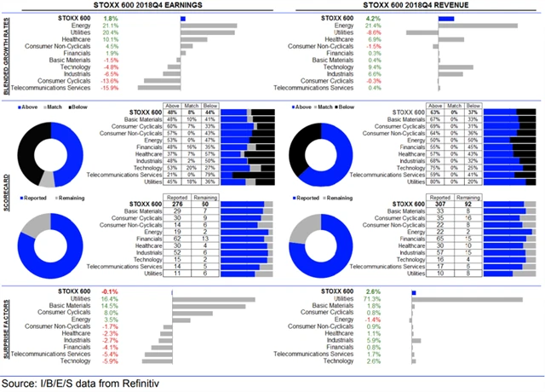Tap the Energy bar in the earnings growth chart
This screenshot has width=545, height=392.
[209, 25]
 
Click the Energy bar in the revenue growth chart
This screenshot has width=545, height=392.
[464, 25]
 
